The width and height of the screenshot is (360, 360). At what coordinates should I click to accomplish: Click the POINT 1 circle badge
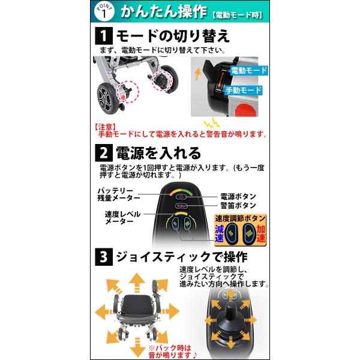[104, 12]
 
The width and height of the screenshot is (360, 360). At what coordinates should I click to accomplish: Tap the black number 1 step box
[104, 36]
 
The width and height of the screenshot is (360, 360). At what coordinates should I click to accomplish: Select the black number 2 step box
[104, 153]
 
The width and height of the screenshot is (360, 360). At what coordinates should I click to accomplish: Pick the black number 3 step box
[104, 257]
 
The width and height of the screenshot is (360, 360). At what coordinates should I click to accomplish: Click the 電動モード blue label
[249, 70]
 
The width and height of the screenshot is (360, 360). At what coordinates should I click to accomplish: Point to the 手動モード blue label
[244, 90]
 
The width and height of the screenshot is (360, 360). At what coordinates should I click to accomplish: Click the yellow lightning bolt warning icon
[212, 123]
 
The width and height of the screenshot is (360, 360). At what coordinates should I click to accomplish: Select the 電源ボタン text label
[238, 197]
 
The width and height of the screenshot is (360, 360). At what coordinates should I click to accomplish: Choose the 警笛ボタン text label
[238, 205]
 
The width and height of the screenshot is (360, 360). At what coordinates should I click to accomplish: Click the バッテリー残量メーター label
[119, 194]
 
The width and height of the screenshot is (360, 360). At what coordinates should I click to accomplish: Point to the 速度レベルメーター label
[122, 218]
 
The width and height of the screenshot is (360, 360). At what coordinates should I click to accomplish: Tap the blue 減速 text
[219, 233]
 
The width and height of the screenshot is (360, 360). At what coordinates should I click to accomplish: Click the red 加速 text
[261, 233]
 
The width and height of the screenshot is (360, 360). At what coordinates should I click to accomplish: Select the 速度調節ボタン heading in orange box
[240, 218]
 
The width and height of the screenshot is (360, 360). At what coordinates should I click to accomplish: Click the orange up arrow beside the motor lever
[197, 74]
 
